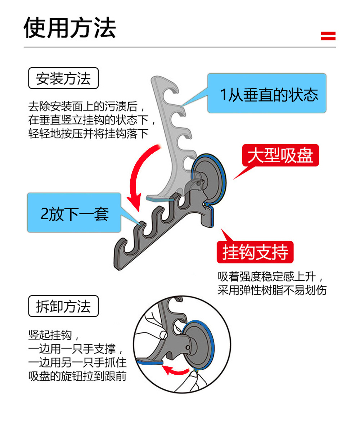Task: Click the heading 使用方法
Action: click(70, 28)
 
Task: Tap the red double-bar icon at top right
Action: click(328, 36)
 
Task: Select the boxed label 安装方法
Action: click(63, 78)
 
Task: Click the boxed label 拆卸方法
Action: click(63, 306)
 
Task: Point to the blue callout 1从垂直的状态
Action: click(267, 94)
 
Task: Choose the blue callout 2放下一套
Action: click(74, 213)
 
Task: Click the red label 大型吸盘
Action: click(280, 155)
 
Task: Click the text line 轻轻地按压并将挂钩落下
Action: click(89, 134)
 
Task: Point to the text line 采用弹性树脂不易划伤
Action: click(272, 290)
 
